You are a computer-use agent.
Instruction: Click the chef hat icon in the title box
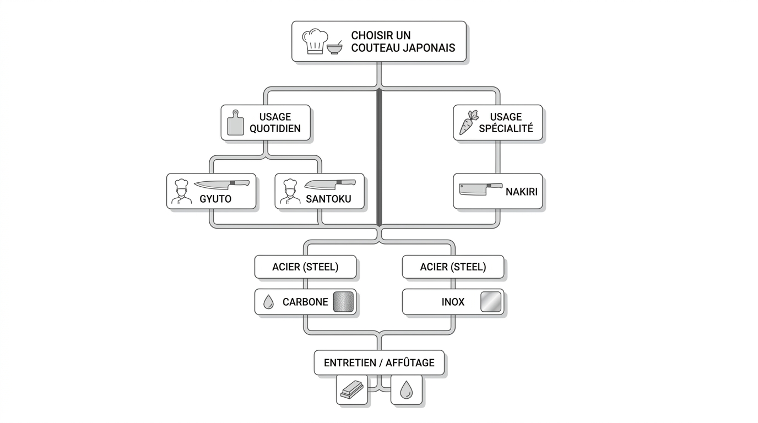tap(315, 41)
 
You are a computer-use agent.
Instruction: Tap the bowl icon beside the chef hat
tap(335, 48)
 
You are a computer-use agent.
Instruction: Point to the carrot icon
tap(469, 122)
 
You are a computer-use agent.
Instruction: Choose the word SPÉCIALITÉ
tap(506, 128)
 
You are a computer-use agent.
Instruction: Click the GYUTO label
tap(215, 199)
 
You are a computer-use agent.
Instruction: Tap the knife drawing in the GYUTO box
tap(221, 185)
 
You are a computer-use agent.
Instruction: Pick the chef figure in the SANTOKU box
tap(290, 192)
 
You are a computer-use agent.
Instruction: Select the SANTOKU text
tap(328, 199)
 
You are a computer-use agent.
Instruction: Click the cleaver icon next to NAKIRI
tap(480, 189)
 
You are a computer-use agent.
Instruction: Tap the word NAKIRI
tap(522, 192)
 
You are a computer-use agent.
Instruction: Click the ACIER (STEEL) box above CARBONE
tap(305, 267)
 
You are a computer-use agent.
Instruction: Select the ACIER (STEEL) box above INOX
tap(453, 267)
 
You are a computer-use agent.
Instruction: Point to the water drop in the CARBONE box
tap(268, 302)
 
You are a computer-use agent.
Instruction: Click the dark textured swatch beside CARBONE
tap(343, 302)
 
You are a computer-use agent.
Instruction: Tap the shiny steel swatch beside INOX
tap(491, 302)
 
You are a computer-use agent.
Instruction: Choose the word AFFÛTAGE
tap(410, 363)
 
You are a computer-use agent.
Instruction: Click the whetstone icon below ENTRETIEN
tap(352, 389)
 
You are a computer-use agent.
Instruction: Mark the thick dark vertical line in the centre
tap(379, 158)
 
